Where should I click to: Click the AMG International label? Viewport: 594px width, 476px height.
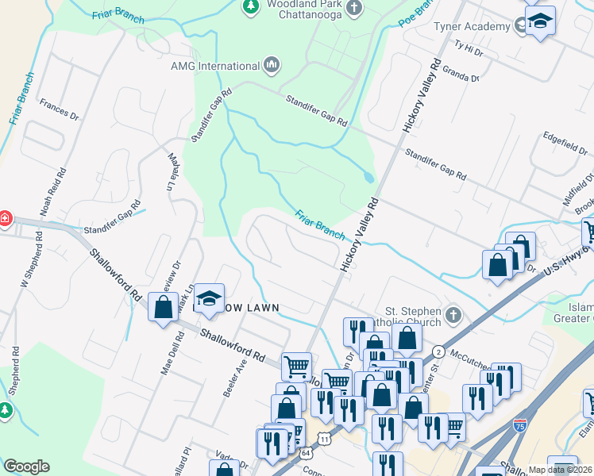pyautogui.click(x=214, y=66)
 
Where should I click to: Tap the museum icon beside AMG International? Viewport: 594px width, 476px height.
pyautogui.click(x=272, y=65)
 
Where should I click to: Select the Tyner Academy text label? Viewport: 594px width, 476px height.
pyautogui.click(x=471, y=27)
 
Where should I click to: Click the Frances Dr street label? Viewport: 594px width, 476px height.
pyautogui.click(x=60, y=110)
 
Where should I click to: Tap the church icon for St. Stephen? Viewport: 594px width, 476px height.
pyautogui.click(x=453, y=316)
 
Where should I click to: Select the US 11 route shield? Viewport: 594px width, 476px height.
pyautogui.click(x=324, y=438)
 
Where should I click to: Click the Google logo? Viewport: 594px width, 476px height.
pyautogui.click(x=26, y=466)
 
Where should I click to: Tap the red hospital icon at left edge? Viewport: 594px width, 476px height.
pyautogui.click(x=4, y=217)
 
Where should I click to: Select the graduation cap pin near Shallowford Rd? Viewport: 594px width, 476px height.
pyautogui.click(x=209, y=298)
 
